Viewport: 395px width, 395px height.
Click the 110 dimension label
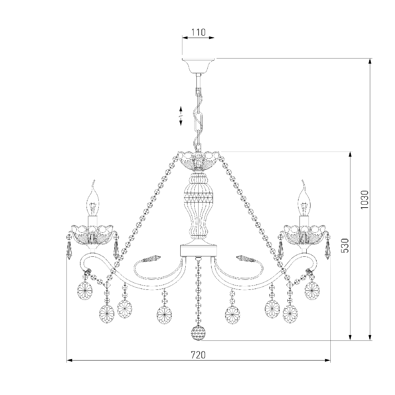(199, 32)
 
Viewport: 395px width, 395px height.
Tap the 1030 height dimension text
(364, 200)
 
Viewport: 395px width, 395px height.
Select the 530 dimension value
(344, 246)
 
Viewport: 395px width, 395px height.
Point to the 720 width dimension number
(198, 355)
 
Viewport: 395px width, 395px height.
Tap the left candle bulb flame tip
(94, 181)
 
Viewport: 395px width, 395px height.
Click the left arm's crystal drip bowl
(93, 235)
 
